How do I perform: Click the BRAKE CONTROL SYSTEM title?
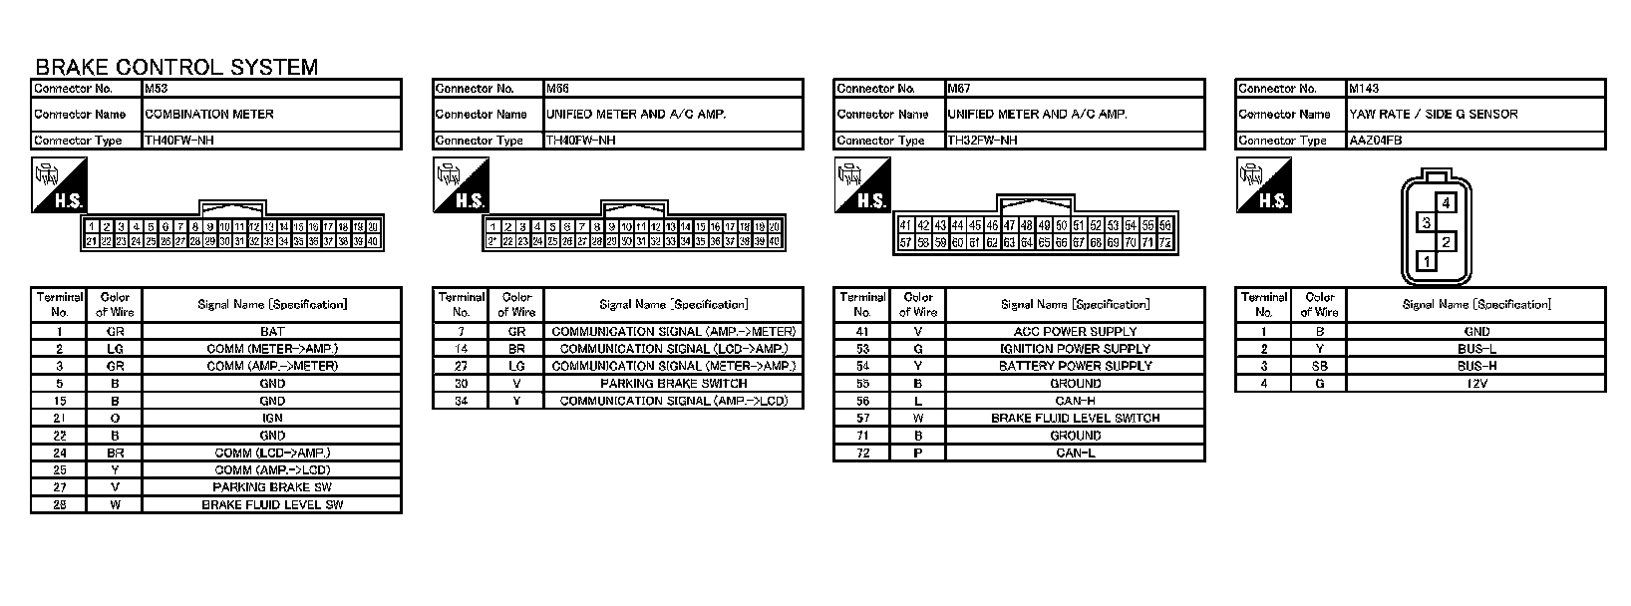point(176,67)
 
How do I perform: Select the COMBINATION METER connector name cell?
point(209,115)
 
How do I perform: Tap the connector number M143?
point(1364,89)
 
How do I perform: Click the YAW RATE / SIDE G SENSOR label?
point(1434,115)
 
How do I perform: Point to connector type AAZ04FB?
point(1376,141)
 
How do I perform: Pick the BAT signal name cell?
point(272,331)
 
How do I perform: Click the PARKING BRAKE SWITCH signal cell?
point(673,384)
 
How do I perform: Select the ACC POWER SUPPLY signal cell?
point(1075,331)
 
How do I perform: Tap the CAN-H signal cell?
point(1075,401)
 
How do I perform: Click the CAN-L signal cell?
point(1075,454)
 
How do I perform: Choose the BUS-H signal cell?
point(1476,366)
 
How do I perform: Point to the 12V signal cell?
point(1476,384)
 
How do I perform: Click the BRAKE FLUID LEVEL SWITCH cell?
point(1075,419)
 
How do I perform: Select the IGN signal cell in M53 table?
point(272,419)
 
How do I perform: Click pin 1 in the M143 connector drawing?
point(1428,261)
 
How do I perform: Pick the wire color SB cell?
point(1319,366)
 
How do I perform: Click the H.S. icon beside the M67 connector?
point(861,185)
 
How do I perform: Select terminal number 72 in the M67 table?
point(862,454)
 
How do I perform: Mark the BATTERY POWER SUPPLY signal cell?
point(1075,366)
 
